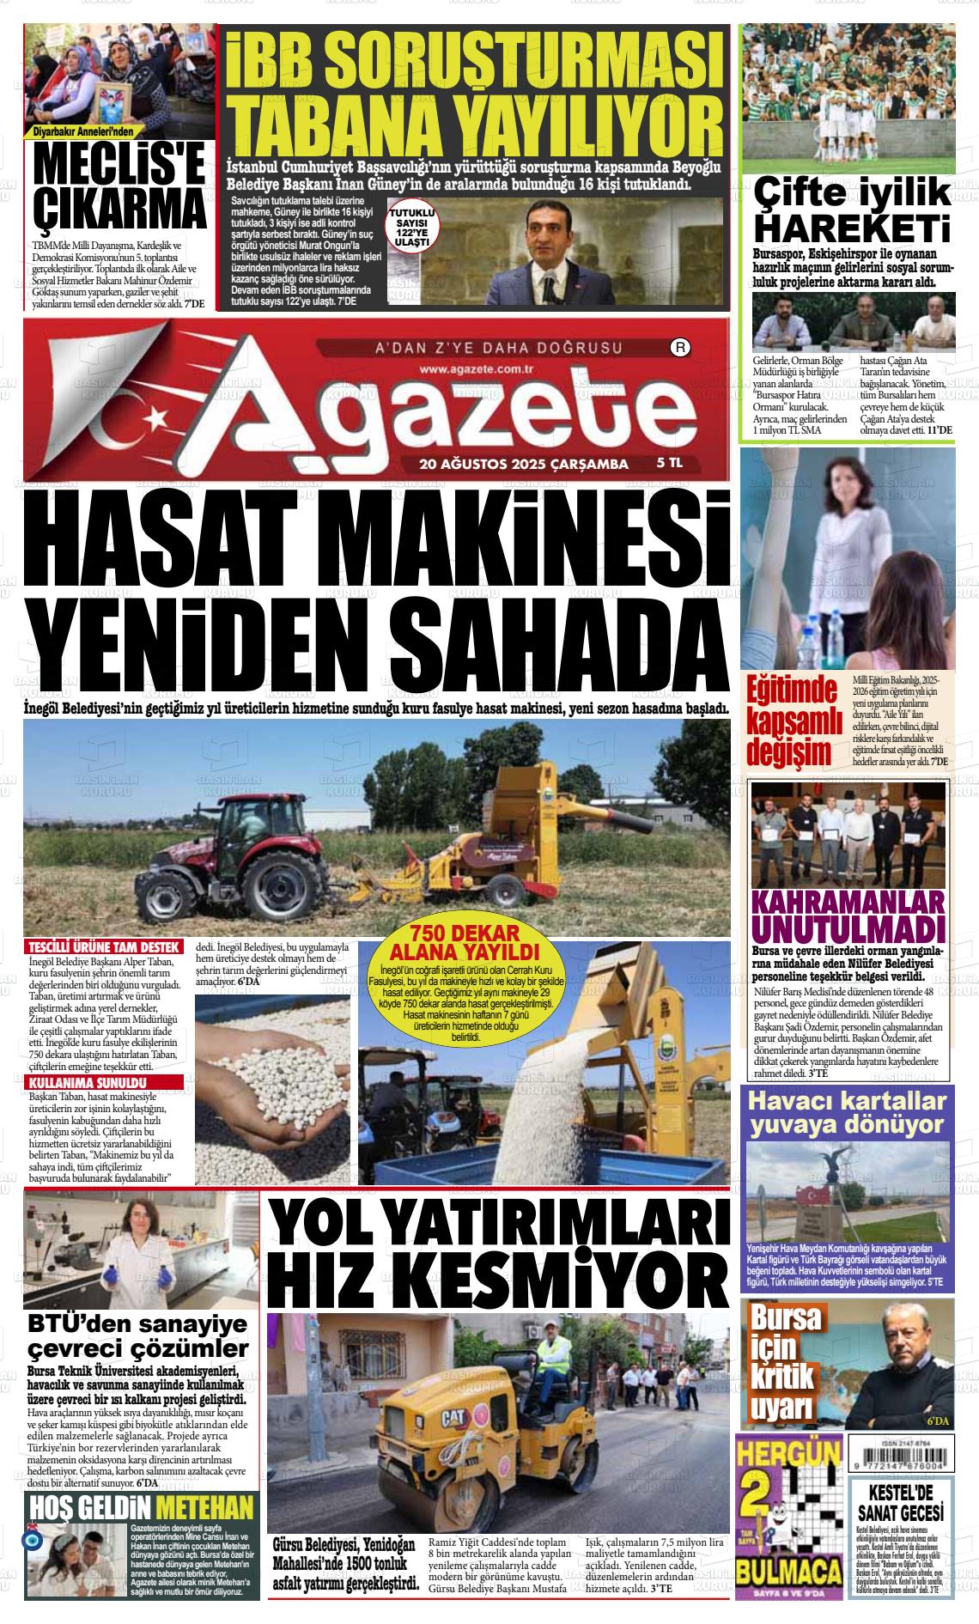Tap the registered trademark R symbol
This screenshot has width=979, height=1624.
click(x=679, y=349)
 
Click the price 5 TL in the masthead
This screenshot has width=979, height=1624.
click(x=669, y=463)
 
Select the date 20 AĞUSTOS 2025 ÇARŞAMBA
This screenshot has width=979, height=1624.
click(x=524, y=465)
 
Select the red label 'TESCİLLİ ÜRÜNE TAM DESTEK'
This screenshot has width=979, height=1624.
click(x=103, y=947)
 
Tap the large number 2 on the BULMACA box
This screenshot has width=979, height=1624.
click(x=763, y=1499)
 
